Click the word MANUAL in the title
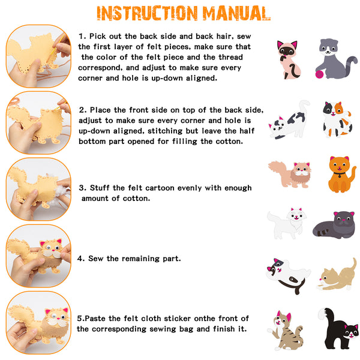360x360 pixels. pyautogui.click(x=236, y=13)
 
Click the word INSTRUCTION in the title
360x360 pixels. pyautogui.click(x=147, y=13)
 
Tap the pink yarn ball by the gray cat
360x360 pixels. pyautogui.click(x=320, y=74)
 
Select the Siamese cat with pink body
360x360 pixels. pyautogui.click(x=289, y=60)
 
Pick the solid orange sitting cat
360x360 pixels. pyautogui.click(x=341, y=175)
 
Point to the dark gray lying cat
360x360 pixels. pyautogui.click(x=334, y=225)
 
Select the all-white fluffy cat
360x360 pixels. pyautogui.click(x=287, y=223)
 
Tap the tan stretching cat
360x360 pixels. pyautogui.click(x=337, y=275)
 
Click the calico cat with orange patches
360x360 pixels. pyautogui.click(x=337, y=119)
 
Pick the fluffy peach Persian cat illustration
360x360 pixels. pyautogui.click(x=290, y=175)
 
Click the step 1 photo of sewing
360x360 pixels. pyautogui.click(x=38, y=56)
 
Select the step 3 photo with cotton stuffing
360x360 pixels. pyautogui.click(x=38, y=189)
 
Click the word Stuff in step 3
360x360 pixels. pyautogui.click(x=100, y=188)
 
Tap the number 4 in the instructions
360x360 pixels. pyautogui.click(x=80, y=259)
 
